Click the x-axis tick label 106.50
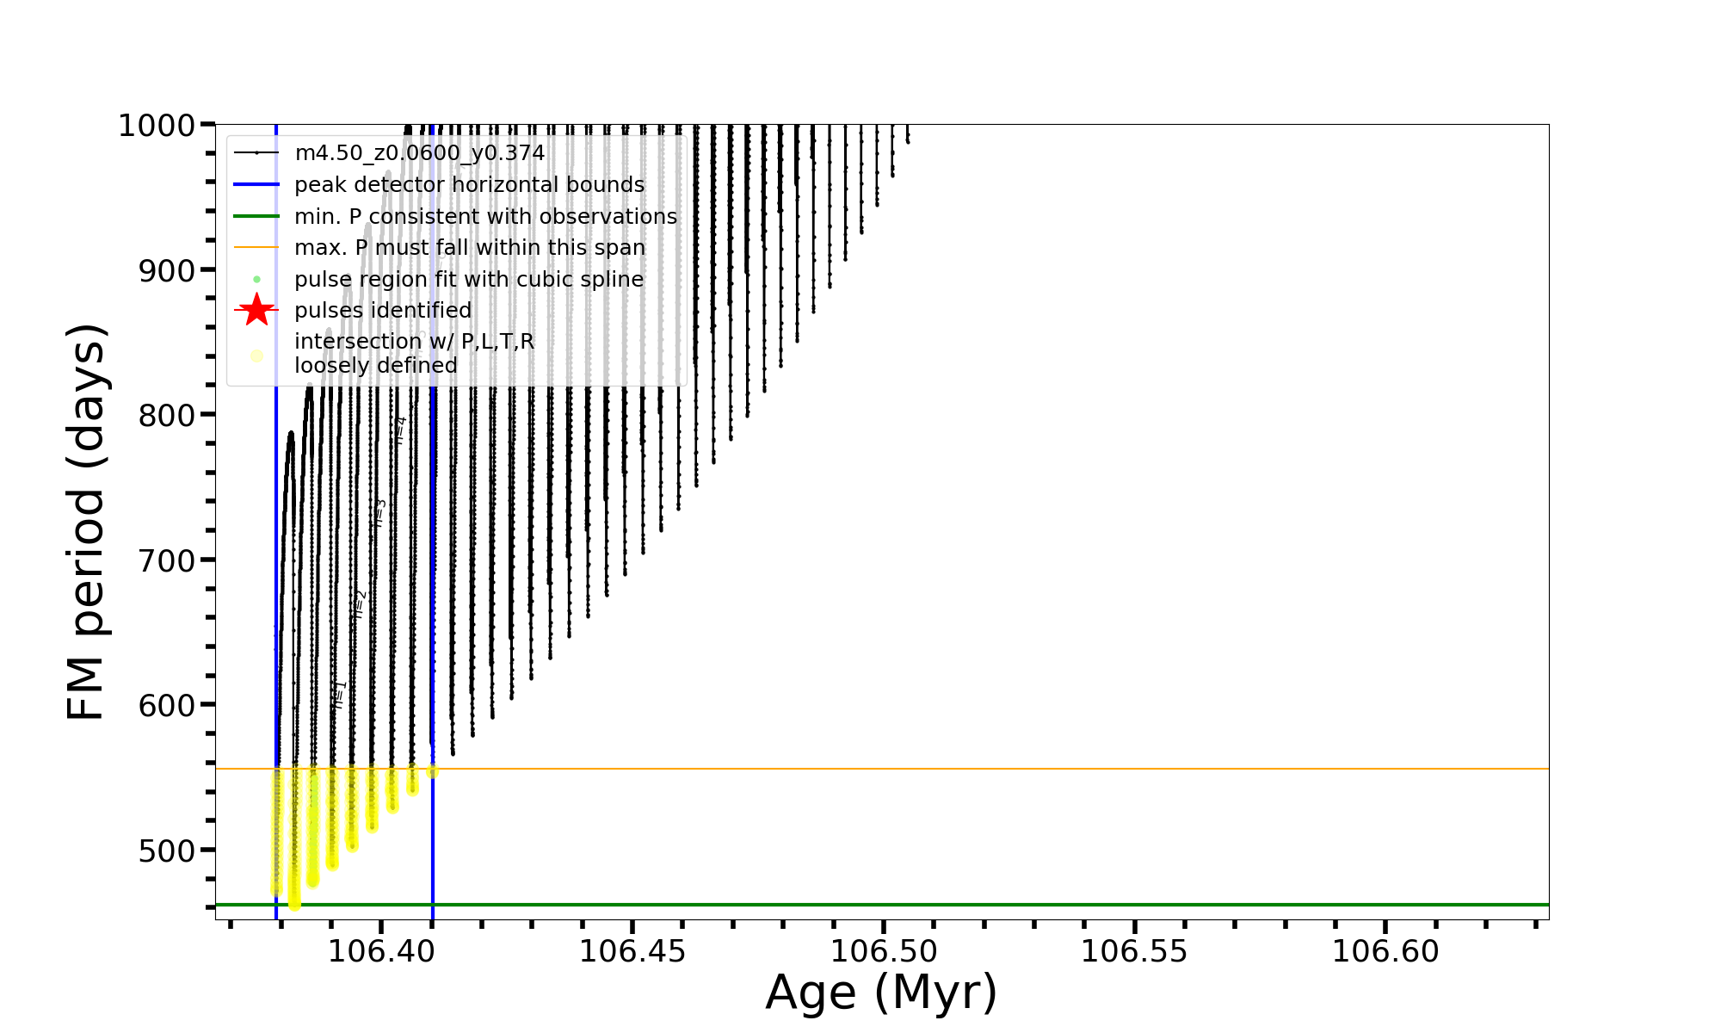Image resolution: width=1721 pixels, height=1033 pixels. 883,952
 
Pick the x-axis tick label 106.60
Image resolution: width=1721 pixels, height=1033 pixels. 1385,952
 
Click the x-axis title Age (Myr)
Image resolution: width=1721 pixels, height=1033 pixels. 881,993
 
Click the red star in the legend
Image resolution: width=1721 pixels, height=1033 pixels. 256,310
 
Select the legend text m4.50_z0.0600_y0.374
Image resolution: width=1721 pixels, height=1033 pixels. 419,153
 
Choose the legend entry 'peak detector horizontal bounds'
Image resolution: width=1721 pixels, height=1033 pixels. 469,185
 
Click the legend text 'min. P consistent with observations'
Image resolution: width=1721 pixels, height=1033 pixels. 485,217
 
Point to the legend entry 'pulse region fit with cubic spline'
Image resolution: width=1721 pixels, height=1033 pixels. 469,280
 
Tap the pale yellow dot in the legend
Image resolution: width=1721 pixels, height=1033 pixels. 256,355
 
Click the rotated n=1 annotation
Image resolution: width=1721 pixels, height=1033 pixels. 339,695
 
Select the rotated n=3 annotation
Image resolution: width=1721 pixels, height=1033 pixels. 379,513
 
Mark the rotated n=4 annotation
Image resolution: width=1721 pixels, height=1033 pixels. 400,430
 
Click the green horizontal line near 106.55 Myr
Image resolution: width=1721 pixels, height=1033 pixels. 1134,905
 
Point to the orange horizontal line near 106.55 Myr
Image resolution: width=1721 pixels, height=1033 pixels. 1134,769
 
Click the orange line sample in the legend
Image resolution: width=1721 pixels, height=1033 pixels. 256,248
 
